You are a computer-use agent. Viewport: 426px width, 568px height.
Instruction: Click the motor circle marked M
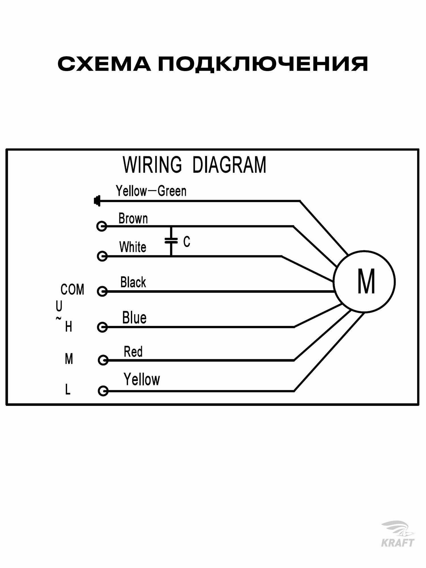(x=364, y=281)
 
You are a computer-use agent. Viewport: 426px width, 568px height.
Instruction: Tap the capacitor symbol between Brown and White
(x=171, y=241)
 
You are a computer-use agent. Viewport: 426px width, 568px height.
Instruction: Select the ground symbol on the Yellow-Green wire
(x=97, y=201)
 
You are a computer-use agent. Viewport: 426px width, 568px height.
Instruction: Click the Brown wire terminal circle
(x=102, y=226)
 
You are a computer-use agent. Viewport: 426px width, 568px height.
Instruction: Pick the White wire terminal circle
(x=102, y=256)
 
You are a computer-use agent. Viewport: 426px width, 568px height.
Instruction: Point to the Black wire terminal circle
(x=102, y=291)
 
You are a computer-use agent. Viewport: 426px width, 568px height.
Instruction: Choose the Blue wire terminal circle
(x=102, y=327)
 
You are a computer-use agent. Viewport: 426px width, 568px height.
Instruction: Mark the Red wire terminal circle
(x=103, y=360)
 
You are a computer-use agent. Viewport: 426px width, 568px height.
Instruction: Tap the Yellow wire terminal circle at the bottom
(x=103, y=391)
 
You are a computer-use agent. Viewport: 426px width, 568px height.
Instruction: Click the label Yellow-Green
(x=151, y=191)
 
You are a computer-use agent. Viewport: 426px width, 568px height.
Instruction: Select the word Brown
(x=133, y=219)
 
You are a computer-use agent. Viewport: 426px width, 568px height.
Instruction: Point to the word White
(x=133, y=247)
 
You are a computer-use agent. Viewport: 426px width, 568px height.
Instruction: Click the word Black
(x=133, y=282)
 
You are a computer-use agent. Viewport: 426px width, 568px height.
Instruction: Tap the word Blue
(x=134, y=318)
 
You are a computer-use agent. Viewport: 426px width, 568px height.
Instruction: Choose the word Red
(x=133, y=352)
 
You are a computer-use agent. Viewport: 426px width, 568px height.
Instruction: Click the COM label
(x=72, y=290)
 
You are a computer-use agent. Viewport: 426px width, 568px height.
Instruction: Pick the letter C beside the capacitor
(x=187, y=242)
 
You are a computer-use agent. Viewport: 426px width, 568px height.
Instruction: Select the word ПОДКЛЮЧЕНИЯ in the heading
(x=263, y=64)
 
